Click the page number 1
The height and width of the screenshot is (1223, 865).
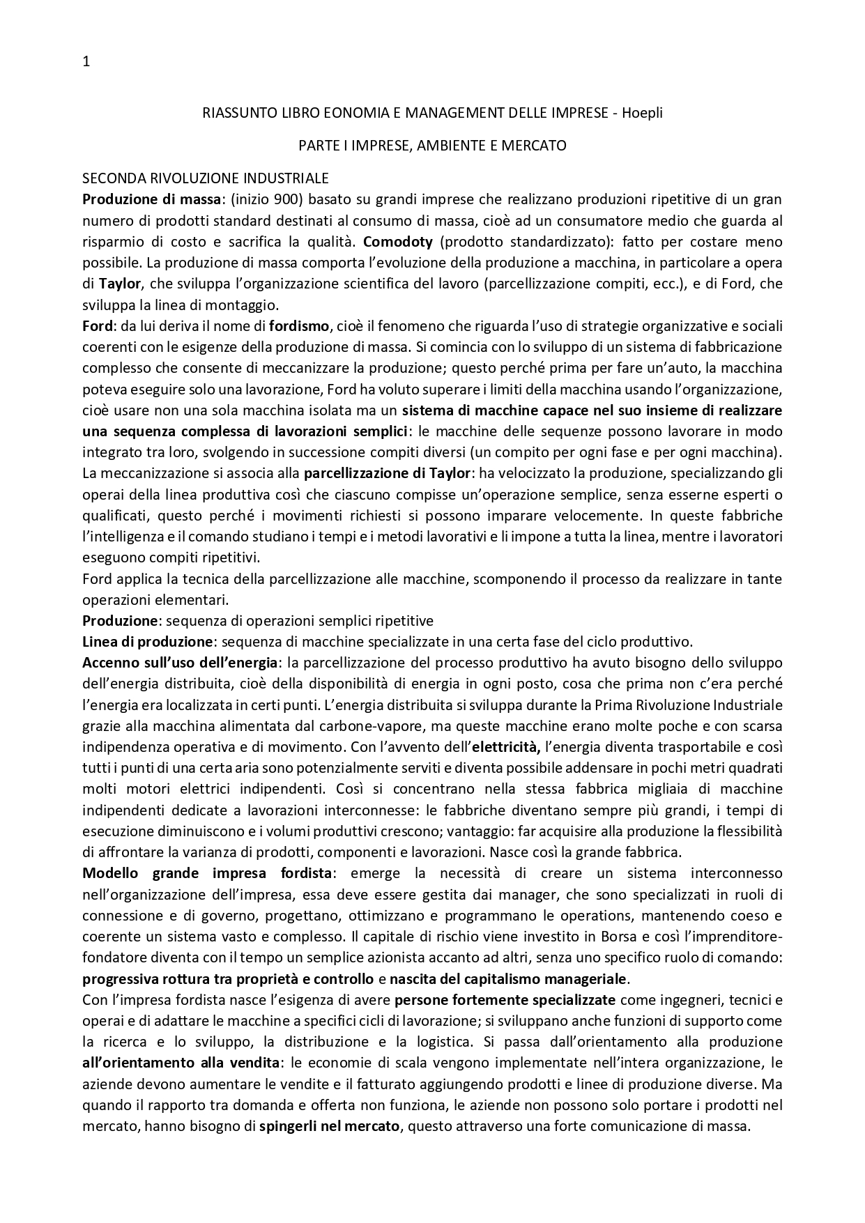pos(86,62)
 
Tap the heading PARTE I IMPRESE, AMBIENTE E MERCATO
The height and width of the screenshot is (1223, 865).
pos(432,146)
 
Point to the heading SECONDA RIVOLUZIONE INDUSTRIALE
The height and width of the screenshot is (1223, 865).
pos(206,178)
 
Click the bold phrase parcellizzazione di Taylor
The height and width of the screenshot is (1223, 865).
pos(388,474)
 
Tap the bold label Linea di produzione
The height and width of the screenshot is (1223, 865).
pos(147,642)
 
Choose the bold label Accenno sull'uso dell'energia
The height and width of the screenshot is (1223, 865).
pos(181,663)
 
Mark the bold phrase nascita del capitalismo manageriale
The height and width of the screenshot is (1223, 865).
pos(509,978)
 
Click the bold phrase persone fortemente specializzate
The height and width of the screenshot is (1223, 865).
pos(505,1000)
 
